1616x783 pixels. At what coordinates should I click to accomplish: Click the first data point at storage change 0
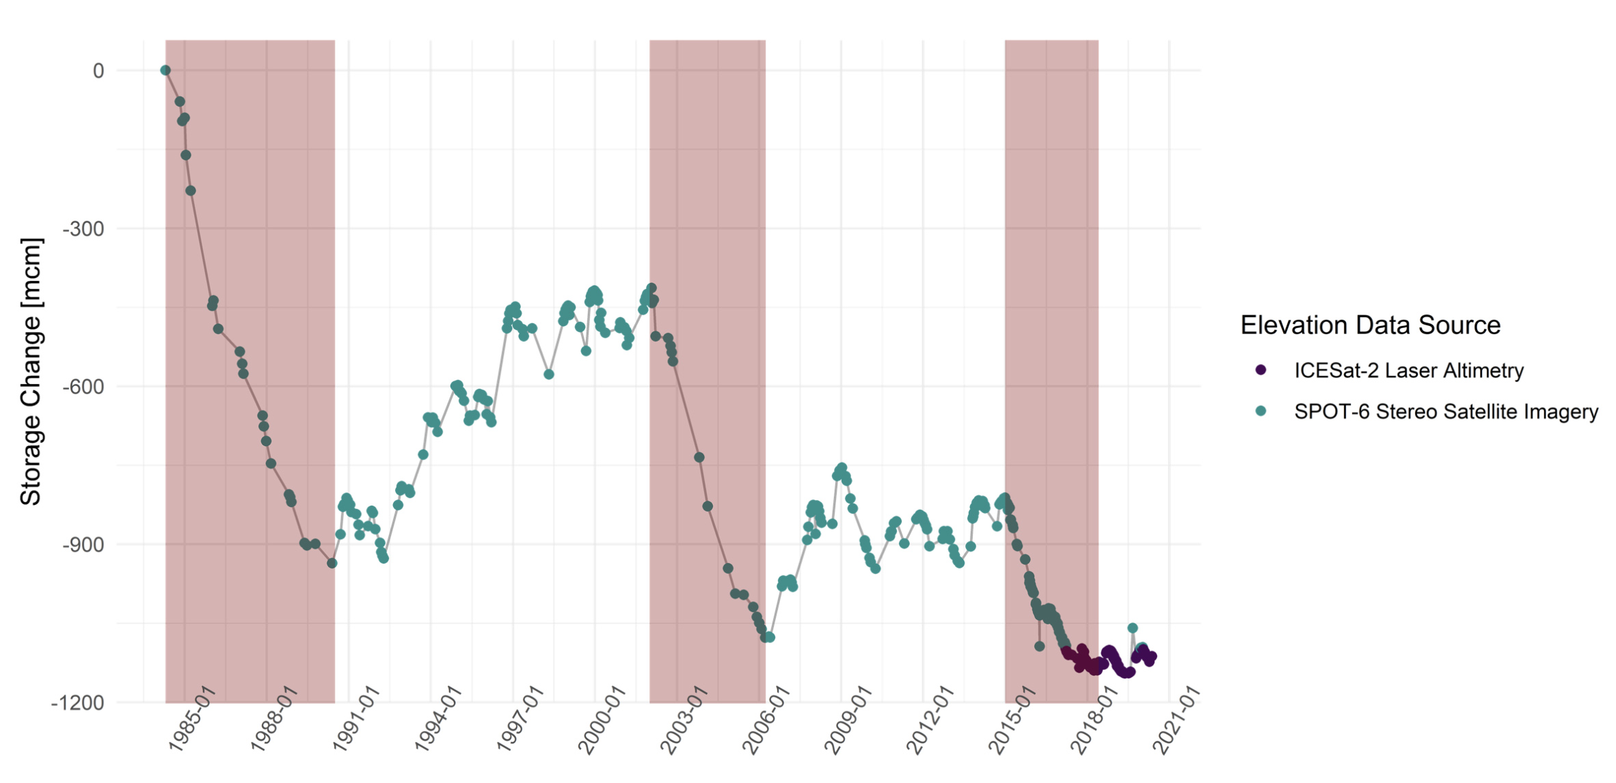tap(165, 70)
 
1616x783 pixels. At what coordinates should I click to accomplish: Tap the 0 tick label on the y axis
tap(98, 71)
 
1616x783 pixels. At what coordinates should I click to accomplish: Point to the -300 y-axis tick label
tap(83, 229)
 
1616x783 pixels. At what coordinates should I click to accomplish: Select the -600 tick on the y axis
tap(83, 387)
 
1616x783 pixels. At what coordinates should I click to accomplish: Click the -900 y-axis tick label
tap(83, 545)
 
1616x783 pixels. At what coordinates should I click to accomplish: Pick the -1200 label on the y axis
tap(78, 703)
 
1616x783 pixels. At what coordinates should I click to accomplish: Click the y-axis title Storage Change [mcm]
tap(31, 372)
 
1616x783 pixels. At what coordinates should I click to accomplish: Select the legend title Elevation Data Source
tap(1370, 325)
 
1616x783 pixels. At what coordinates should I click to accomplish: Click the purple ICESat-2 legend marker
tap(1261, 370)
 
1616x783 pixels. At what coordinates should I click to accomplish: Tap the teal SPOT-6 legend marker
tap(1261, 411)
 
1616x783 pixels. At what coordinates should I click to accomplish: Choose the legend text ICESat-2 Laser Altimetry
tap(1408, 371)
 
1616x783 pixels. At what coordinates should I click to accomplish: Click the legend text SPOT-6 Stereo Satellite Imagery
tap(1446, 412)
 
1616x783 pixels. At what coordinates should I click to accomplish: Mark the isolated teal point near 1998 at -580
tap(549, 374)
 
